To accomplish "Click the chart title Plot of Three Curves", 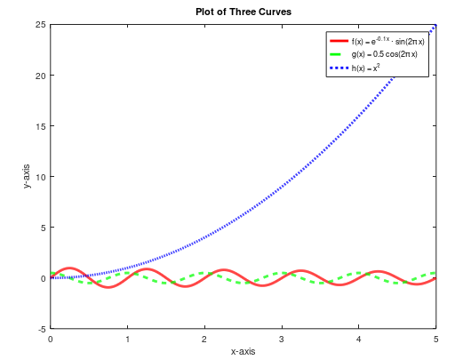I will (x=243, y=12).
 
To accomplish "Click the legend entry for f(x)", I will (x=387, y=42).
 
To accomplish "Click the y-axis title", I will (x=28, y=176).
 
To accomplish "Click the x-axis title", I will (x=243, y=352).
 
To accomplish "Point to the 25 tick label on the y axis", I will (x=41, y=24).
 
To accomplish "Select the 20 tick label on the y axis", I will (x=41, y=75).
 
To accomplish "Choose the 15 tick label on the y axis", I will (x=41, y=125).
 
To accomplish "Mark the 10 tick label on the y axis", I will (x=41, y=176).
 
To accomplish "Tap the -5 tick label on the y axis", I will (x=42, y=329).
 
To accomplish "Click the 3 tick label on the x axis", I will (x=282, y=339).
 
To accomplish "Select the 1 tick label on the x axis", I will (x=128, y=339).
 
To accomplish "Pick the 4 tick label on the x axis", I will (x=359, y=339).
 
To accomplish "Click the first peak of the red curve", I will (x=70, y=268).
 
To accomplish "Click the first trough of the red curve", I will (x=108, y=287).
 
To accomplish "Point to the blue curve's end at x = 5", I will (x=435, y=26).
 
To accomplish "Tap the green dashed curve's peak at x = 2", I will (x=204, y=273).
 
